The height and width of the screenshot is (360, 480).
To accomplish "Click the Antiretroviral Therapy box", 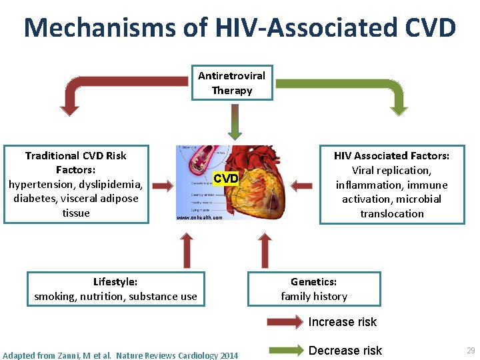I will (231, 83).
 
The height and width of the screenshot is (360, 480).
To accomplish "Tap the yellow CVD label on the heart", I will (225, 178).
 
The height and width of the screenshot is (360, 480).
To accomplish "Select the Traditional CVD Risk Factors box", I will (75, 184).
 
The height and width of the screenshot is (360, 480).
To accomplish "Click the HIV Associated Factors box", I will (391, 185).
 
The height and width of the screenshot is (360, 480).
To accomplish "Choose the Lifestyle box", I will (115, 289).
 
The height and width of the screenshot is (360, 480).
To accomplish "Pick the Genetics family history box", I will (314, 289).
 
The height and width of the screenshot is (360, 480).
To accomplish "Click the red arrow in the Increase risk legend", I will (285, 322).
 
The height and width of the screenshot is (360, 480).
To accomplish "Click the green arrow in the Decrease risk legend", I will (285, 350).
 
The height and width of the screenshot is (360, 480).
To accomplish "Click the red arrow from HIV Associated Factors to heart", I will (303, 185).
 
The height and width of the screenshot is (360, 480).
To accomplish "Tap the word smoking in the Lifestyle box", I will (55, 296).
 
